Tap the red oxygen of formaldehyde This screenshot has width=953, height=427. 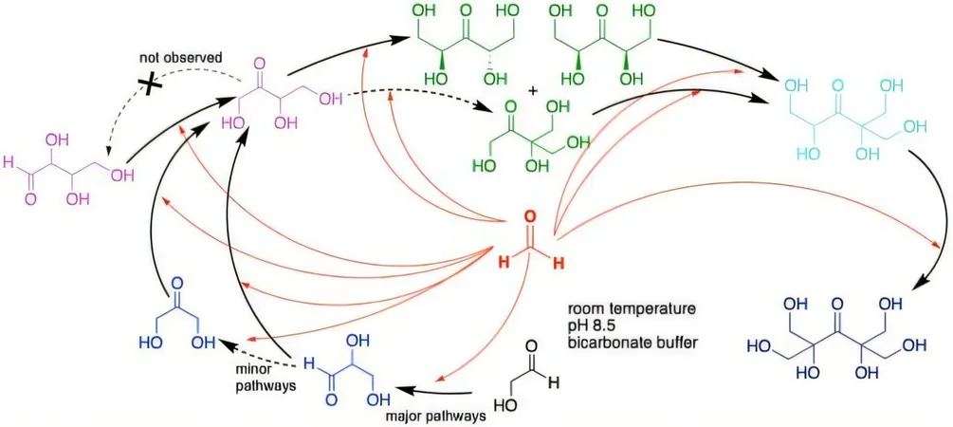529,217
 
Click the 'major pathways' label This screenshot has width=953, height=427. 435,417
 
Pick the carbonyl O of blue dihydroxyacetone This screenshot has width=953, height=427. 177,284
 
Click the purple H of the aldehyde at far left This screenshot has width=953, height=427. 8,163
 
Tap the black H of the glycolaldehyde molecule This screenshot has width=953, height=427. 552,383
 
